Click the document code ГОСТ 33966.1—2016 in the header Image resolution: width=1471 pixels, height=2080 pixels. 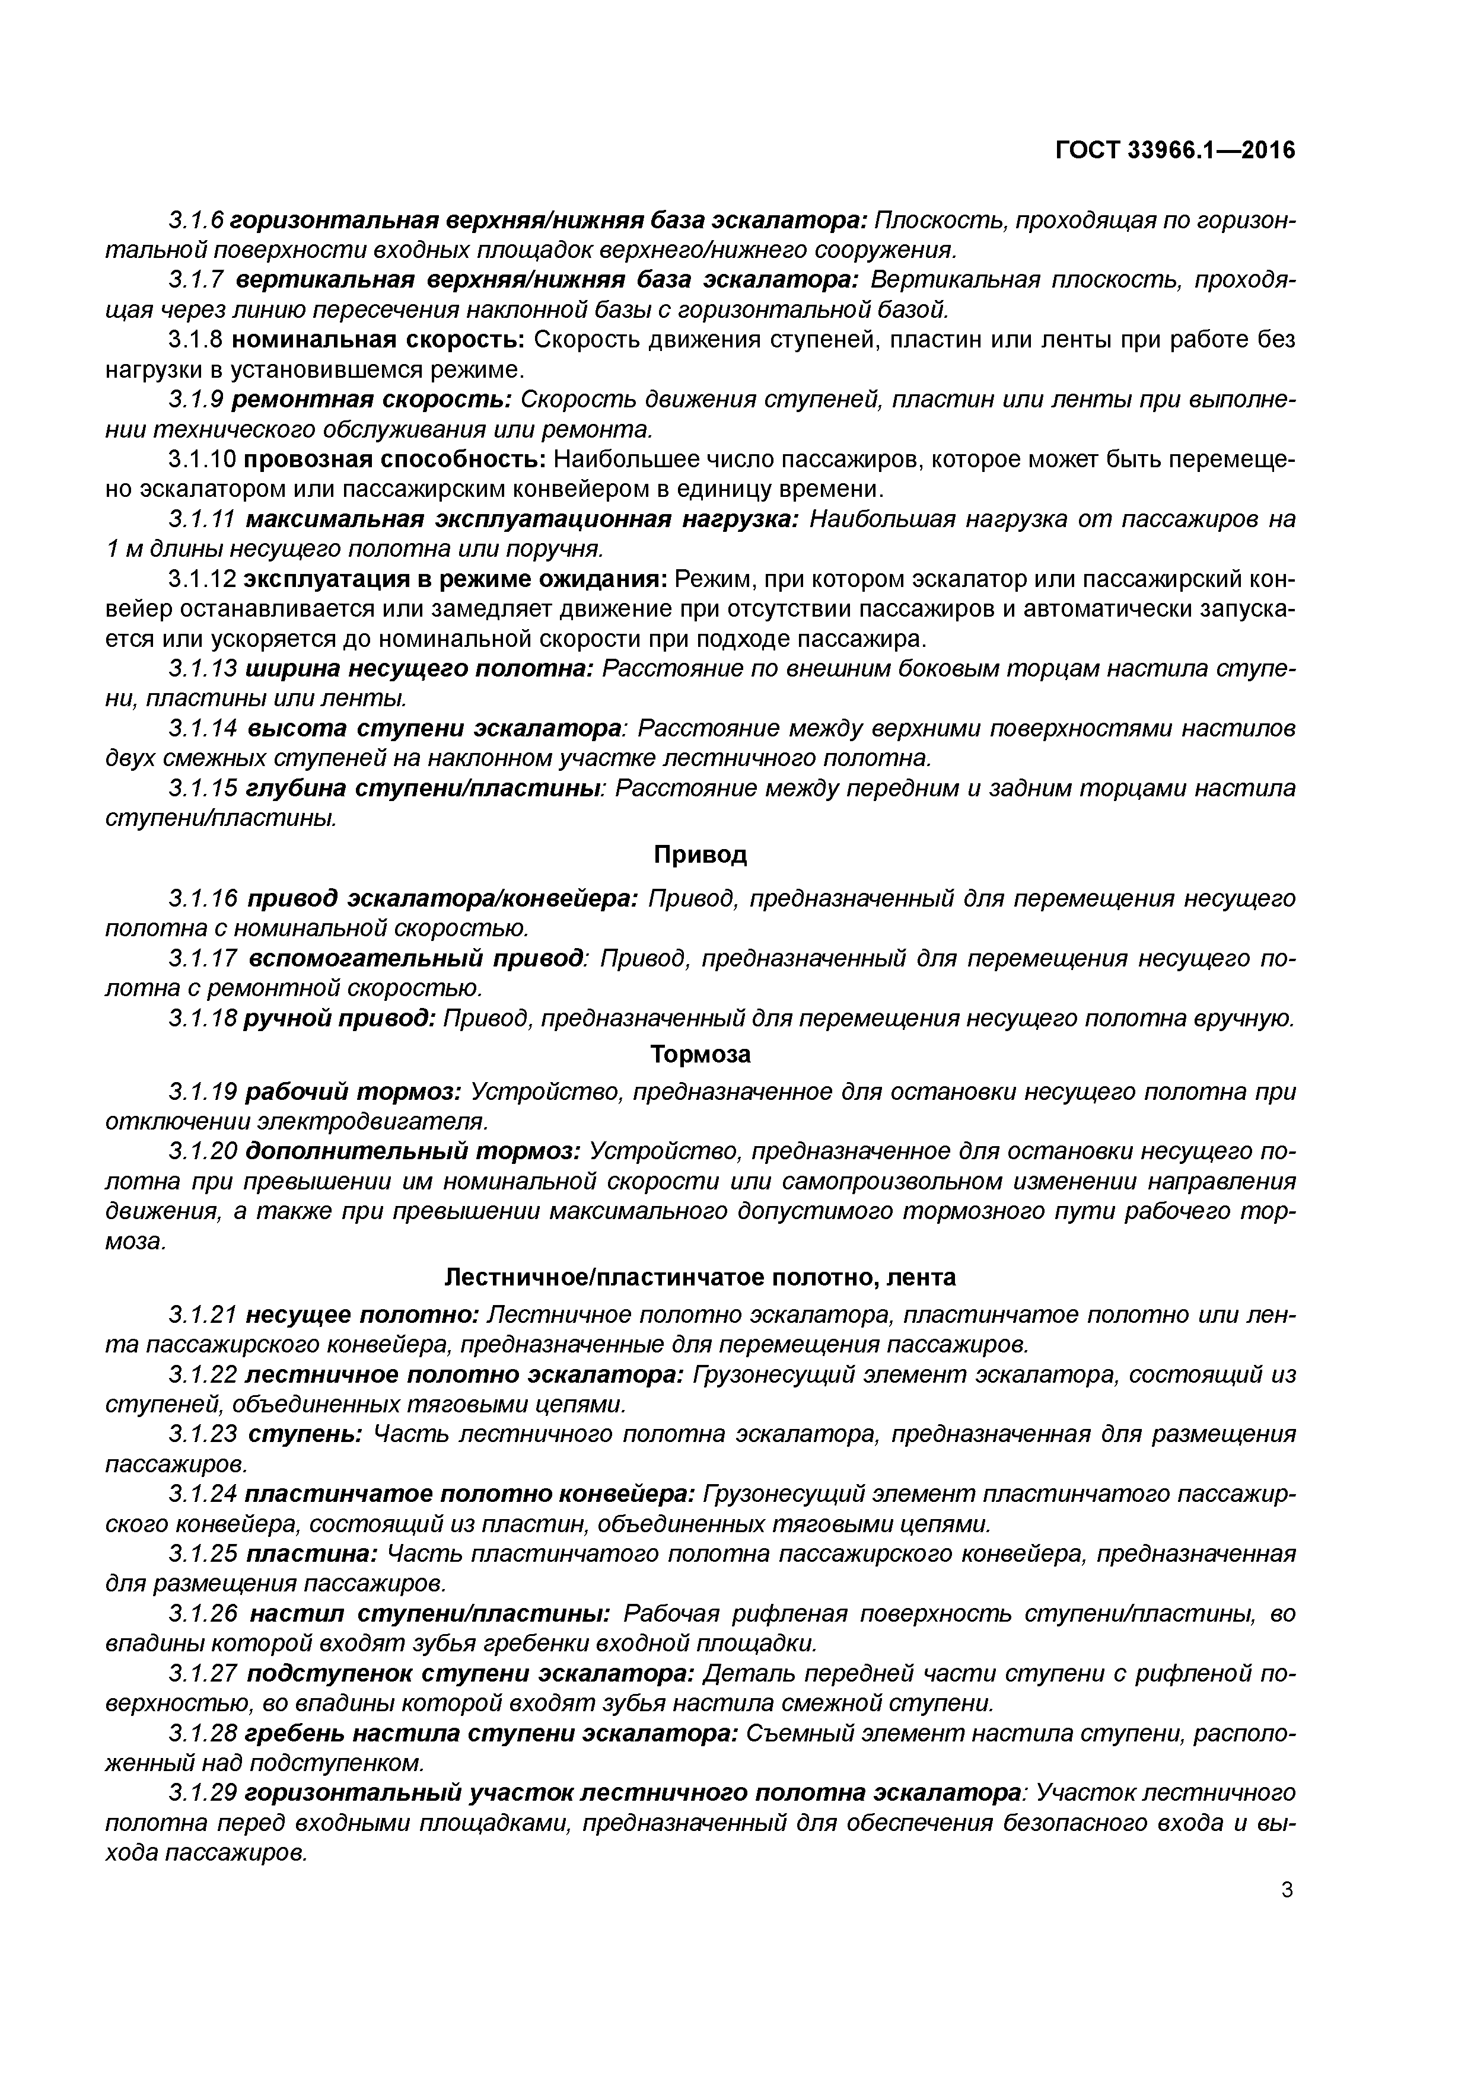[x=1176, y=151]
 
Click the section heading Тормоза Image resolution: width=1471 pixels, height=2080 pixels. [x=700, y=1054]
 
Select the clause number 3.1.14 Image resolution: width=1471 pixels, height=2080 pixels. [x=202, y=729]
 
